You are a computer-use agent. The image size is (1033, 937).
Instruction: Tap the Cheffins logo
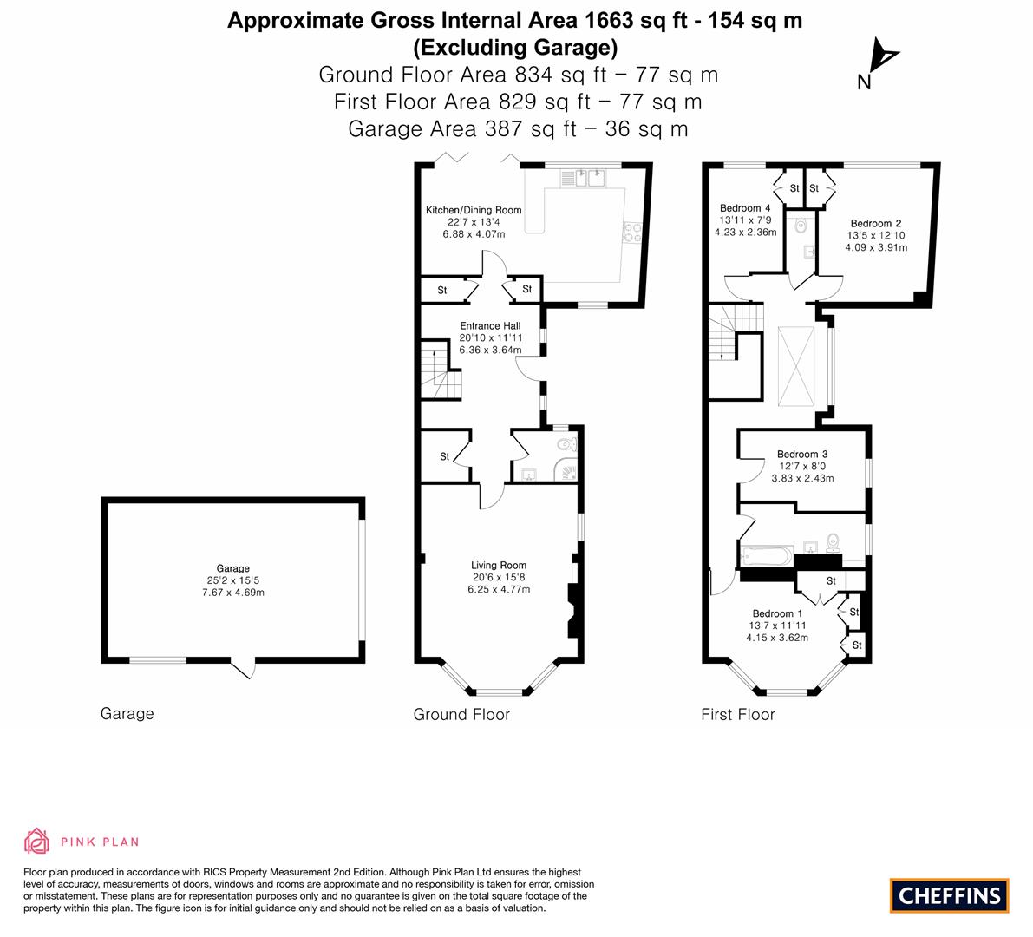(x=950, y=895)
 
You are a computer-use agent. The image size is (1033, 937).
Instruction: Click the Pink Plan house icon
(x=37, y=841)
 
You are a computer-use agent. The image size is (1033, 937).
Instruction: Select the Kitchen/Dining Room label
(x=474, y=210)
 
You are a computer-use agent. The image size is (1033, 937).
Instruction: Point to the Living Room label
(x=499, y=566)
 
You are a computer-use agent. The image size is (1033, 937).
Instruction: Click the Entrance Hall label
(x=490, y=325)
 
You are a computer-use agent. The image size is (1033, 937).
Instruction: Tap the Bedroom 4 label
(x=745, y=208)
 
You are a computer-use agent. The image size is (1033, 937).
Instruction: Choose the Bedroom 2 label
(x=875, y=223)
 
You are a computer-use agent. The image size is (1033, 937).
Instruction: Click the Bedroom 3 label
(x=802, y=454)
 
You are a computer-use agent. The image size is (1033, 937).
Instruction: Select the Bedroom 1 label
(x=777, y=613)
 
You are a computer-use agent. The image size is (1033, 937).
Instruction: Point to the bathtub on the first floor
(x=766, y=555)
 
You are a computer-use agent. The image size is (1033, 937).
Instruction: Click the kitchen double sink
(x=583, y=178)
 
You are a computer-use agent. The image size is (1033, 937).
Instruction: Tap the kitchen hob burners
(x=632, y=233)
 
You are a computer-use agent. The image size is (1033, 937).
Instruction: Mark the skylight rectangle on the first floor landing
(x=796, y=366)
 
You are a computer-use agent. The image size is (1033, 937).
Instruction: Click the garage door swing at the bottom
(x=243, y=668)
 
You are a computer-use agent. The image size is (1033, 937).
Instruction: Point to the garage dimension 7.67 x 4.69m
(x=233, y=593)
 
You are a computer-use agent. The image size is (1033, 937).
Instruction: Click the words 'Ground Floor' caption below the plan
(x=461, y=714)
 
